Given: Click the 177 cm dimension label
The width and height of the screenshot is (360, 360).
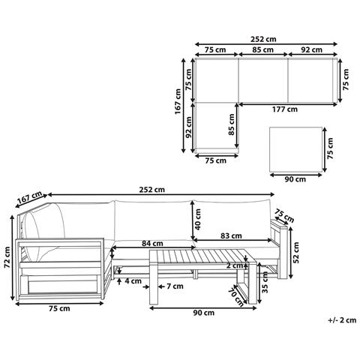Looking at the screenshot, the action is pyautogui.click(x=285, y=109).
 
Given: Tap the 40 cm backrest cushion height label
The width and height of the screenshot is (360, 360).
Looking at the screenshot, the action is pyautogui.click(x=197, y=220).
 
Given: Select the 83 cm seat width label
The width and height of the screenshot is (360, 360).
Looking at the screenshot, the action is pyautogui.click(x=231, y=235).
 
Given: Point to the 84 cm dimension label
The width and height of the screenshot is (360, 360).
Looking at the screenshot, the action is pyautogui.click(x=152, y=243).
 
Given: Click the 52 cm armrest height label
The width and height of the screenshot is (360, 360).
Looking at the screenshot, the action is pyautogui.click(x=296, y=252).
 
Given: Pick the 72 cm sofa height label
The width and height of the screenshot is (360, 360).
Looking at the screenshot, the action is pyautogui.click(x=7, y=257).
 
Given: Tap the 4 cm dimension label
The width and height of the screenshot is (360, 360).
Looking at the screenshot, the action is pyautogui.click(x=133, y=281).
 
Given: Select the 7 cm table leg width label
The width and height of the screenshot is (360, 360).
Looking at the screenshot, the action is pyautogui.click(x=175, y=286).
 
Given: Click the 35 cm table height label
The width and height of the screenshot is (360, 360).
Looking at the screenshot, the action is pyautogui.click(x=265, y=283).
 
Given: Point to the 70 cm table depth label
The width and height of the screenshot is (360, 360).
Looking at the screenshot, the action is pyautogui.click(x=236, y=297).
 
